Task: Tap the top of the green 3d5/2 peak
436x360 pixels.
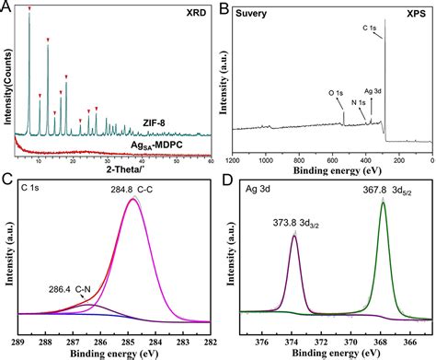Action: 384,202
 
